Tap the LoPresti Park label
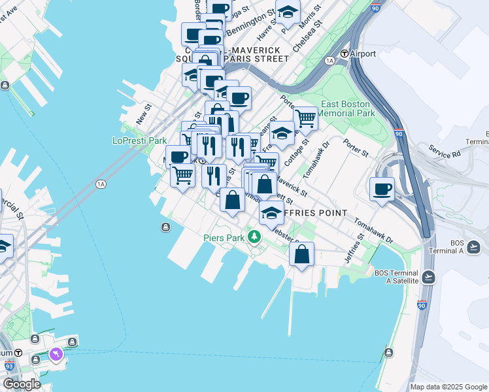(x=140, y=140)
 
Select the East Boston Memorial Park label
(x=347, y=108)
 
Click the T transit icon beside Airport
(x=345, y=54)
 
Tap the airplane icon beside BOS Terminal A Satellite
(x=429, y=277)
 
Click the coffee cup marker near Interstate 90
(x=382, y=189)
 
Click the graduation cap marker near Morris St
(x=288, y=11)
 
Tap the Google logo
(x=21, y=384)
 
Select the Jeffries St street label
(x=358, y=247)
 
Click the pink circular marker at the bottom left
(x=56, y=354)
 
